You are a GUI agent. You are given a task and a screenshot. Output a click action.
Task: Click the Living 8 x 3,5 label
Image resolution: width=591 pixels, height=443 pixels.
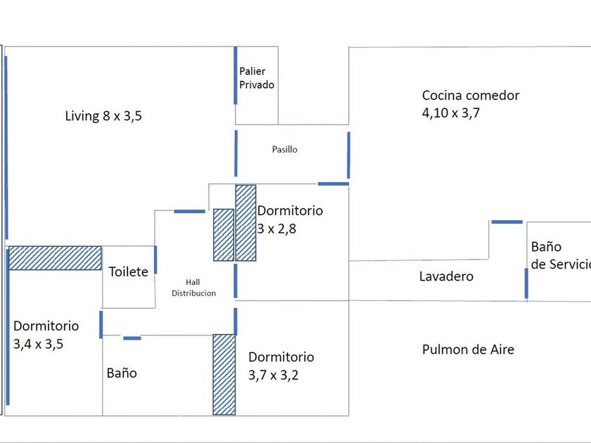pyautogui.click(x=103, y=116)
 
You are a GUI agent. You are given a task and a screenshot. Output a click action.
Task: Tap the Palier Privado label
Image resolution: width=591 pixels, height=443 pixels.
pyautogui.click(x=256, y=78)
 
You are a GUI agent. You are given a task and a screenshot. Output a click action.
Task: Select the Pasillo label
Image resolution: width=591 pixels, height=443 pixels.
pyautogui.click(x=285, y=149)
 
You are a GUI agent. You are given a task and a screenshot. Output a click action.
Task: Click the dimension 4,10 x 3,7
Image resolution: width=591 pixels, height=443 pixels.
pyautogui.click(x=451, y=113)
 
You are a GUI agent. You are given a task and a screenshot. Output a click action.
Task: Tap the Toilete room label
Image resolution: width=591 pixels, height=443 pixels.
pyautogui.click(x=128, y=271)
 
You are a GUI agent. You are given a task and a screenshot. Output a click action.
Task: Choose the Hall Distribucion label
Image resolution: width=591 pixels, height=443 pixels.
pyautogui.click(x=193, y=288)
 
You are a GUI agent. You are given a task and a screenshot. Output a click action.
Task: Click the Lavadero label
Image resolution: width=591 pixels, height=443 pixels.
pyautogui.click(x=446, y=276)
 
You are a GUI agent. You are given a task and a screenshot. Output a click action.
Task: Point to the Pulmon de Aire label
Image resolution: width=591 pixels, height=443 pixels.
pyautogui.click(x=468, y=349)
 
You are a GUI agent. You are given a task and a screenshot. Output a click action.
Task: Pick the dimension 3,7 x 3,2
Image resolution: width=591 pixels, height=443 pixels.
pyautogui.click(x=274, y=375)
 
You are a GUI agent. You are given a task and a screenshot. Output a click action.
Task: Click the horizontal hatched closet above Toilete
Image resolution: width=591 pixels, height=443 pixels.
pyautogui.click(x=55, y=258)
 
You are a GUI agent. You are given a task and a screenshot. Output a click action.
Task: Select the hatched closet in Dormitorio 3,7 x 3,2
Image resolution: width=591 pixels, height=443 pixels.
pyautogui.click(x=224, y=374)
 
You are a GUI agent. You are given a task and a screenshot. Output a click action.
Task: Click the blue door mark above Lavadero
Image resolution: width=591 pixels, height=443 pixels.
pyautogui.click(x=507, y=222)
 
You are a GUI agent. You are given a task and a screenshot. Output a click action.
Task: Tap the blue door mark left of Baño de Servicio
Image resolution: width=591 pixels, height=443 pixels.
pyautogui.click(x=526, y=283)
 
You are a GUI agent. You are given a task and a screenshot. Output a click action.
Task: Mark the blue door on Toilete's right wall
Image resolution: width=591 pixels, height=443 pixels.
pyautogui.click(x=155, y=259)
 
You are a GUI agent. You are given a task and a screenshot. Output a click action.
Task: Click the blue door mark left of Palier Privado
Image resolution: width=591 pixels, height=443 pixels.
pyautogui.click(x=235, y=76)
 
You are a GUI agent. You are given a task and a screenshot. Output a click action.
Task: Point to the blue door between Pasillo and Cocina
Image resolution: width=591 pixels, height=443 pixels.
pyautogui.click(x=348, y=155)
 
